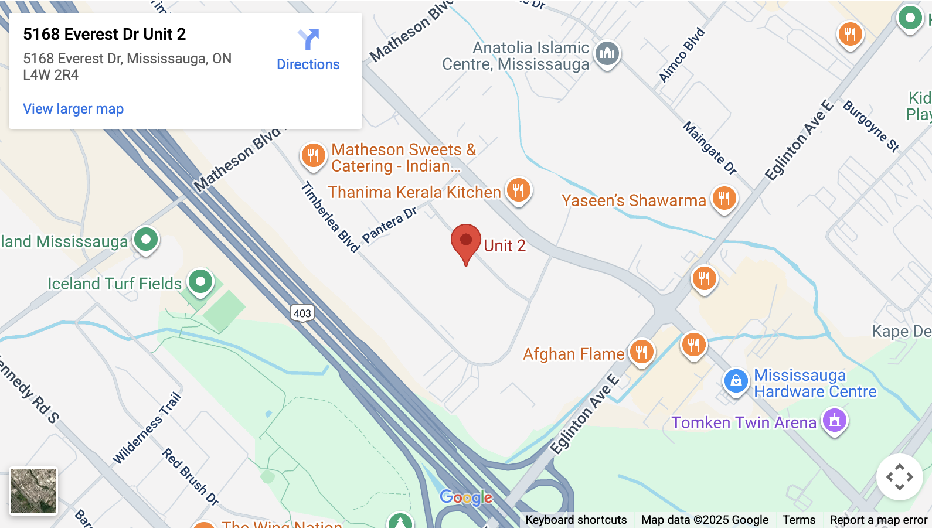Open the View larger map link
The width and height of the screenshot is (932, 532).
pos(73,109)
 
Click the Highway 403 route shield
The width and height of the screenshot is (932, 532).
pos(302,313)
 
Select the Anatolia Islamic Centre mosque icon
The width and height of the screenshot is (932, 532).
pos(607,54)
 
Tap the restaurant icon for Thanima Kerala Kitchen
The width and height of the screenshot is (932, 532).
pos(518,190)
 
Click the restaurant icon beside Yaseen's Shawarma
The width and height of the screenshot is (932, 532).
pos(724,198)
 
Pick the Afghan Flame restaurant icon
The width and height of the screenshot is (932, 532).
pos(641,352)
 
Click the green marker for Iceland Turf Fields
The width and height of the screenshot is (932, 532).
pos(200,282)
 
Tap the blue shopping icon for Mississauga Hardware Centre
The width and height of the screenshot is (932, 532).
pos(736,381)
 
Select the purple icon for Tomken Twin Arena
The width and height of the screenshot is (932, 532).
pos(835,420)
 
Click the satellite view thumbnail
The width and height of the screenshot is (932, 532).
pos(33,491)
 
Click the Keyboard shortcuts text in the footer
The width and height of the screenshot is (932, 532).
pos(576,520)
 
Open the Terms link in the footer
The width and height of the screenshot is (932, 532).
pos(799,520)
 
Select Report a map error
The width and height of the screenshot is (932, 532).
pos(878,520)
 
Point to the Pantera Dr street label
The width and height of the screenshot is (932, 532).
pos(389,224)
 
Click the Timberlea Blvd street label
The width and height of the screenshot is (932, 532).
pos(331,217)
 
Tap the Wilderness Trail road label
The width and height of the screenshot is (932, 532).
pos(147,428)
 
